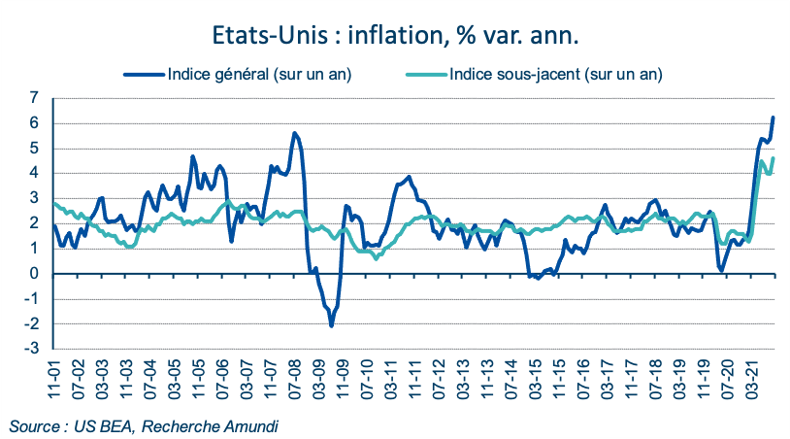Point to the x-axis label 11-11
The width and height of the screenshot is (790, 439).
(412, 376)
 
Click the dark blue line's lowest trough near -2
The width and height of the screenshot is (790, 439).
(331, 325)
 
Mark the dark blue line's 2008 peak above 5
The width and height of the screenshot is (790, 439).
(295, 133)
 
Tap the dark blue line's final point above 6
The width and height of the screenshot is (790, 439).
(774, 118)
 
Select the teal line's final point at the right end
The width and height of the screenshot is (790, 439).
(774, 158)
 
